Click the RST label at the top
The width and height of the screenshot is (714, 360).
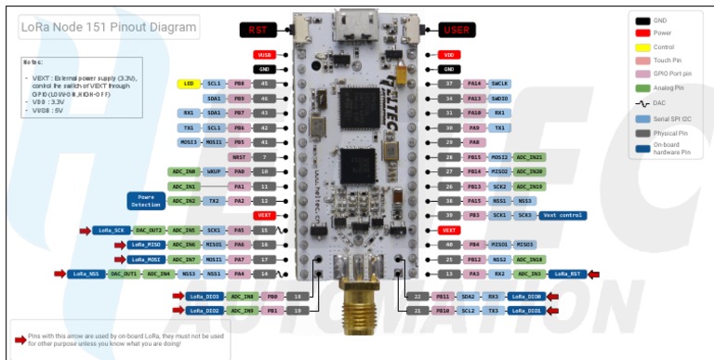[x=258, y=30]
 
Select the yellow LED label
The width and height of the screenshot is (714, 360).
[x=188, y=84]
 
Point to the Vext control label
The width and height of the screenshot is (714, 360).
[x=562, y=215]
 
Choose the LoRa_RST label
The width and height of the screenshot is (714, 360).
[x=568, y=273]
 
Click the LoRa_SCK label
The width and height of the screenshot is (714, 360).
[x=109, y=230]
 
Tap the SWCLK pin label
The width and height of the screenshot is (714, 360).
[x=525, y=84]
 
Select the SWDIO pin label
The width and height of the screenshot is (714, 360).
[x=525, y=99]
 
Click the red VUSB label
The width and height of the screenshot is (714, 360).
[x=263, y=55]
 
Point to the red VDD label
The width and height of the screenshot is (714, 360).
[x=448, y=55]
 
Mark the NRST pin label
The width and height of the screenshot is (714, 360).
[x=240, y=157]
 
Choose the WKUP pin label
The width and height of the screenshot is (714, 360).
[x=214, y=171]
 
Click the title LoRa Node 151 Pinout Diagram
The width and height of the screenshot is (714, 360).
[x=108, y=28]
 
